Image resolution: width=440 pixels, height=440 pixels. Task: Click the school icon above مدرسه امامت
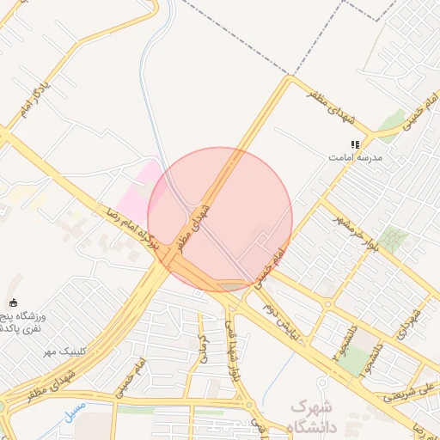point(354,144)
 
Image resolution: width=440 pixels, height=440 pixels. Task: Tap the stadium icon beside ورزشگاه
point(13,302)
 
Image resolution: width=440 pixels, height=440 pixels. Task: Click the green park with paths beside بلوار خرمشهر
point(394,238)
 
